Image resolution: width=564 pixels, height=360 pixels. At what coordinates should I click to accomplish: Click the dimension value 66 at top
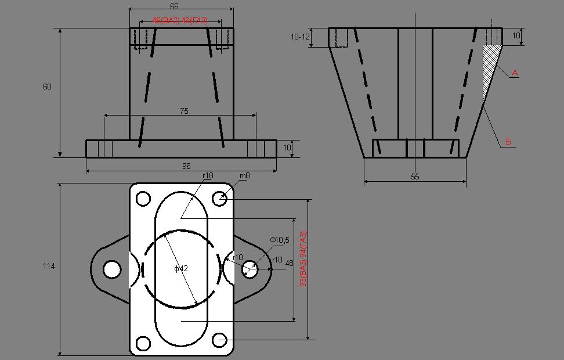tap(174, 6)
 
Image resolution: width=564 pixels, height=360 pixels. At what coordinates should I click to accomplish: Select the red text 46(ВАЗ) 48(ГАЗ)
tap(180, 20)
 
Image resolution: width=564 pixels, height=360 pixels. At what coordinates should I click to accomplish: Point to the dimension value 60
tap(47, 87)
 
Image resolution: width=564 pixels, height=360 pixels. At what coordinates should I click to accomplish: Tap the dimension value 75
tap(184, 111)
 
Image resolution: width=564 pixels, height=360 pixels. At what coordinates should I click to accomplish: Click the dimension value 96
tap(186, 166)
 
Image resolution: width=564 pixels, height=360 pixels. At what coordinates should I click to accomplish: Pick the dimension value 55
tap(415, 177)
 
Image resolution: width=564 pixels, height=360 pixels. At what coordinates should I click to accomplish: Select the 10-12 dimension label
tap(300, 37)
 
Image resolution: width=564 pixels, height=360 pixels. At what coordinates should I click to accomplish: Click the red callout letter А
tap(515, 73)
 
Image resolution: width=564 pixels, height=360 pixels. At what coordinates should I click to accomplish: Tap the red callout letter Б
tap(508, 142)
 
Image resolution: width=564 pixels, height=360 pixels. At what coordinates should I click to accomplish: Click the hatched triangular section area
tap(489, 65)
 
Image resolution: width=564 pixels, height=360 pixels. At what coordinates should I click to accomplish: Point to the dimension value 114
tap(49, 266)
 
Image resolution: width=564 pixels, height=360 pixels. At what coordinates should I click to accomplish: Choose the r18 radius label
tap(208, 176)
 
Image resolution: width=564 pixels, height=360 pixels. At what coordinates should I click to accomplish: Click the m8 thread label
tap(245, 176)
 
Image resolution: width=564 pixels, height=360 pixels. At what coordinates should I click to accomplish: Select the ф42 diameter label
tap(181, 269)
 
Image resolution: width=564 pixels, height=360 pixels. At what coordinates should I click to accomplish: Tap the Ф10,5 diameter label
tap(280, 240)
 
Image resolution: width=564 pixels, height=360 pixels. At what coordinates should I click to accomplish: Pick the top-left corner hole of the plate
tap(143, 199)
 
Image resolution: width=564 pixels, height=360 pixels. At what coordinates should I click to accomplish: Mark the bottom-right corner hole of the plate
tap(219, 340)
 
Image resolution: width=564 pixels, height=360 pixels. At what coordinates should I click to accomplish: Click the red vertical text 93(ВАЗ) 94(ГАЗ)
tap(303, 259)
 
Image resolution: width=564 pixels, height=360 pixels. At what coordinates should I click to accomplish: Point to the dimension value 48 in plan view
tap(290, 264)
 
